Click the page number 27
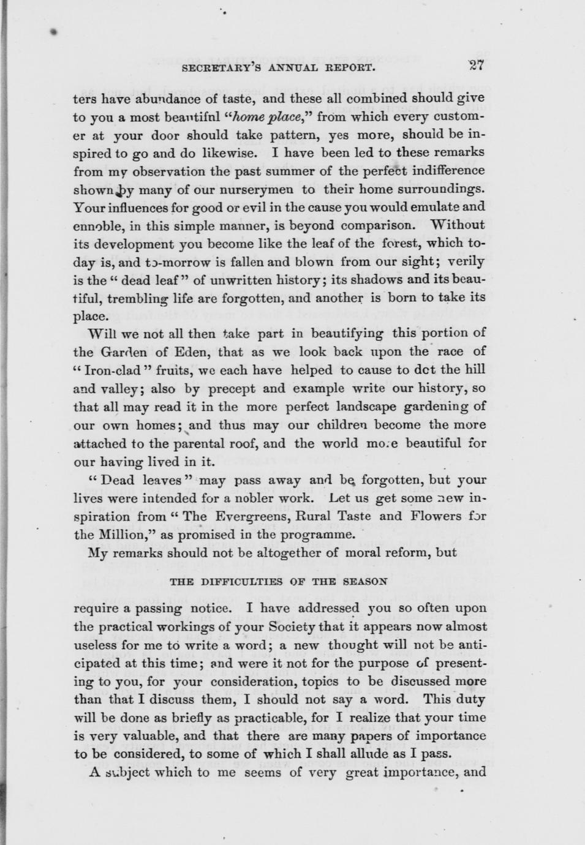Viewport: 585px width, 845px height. (x=475, y=66)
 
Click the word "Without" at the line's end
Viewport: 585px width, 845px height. (x=458, y=225)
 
